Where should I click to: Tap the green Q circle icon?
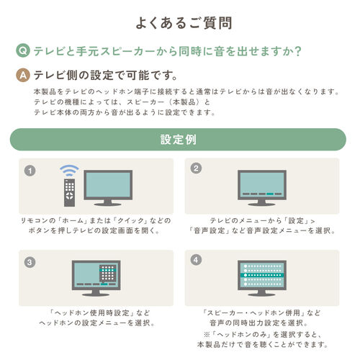(23, 51)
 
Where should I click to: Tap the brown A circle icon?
(23, 75)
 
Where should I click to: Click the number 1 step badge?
(30, 171)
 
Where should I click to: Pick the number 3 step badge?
(30, 262)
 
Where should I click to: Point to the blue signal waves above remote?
(69, 171)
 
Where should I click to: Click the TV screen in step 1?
(108, 185)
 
